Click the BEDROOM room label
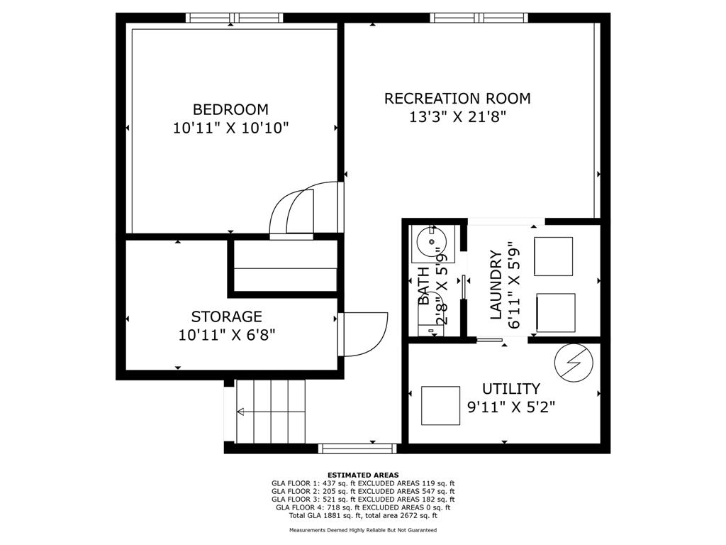[230, 109]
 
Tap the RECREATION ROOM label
[457, 99]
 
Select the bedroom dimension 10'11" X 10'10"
[230, 128]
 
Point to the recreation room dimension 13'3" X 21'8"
[457, 117]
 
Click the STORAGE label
[226, 316]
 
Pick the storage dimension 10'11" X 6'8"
[226, 335]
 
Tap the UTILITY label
[510, 389]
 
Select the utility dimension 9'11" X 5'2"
[510, 407]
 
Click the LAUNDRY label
[496, 284]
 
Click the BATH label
[423, 285]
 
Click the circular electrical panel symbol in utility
[573, 363]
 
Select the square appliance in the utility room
[440, 404]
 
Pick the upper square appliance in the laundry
[553, 256]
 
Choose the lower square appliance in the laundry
[556, 312]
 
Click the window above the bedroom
[234, 18]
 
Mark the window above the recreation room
[479, 18]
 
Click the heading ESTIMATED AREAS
[362, 475]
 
